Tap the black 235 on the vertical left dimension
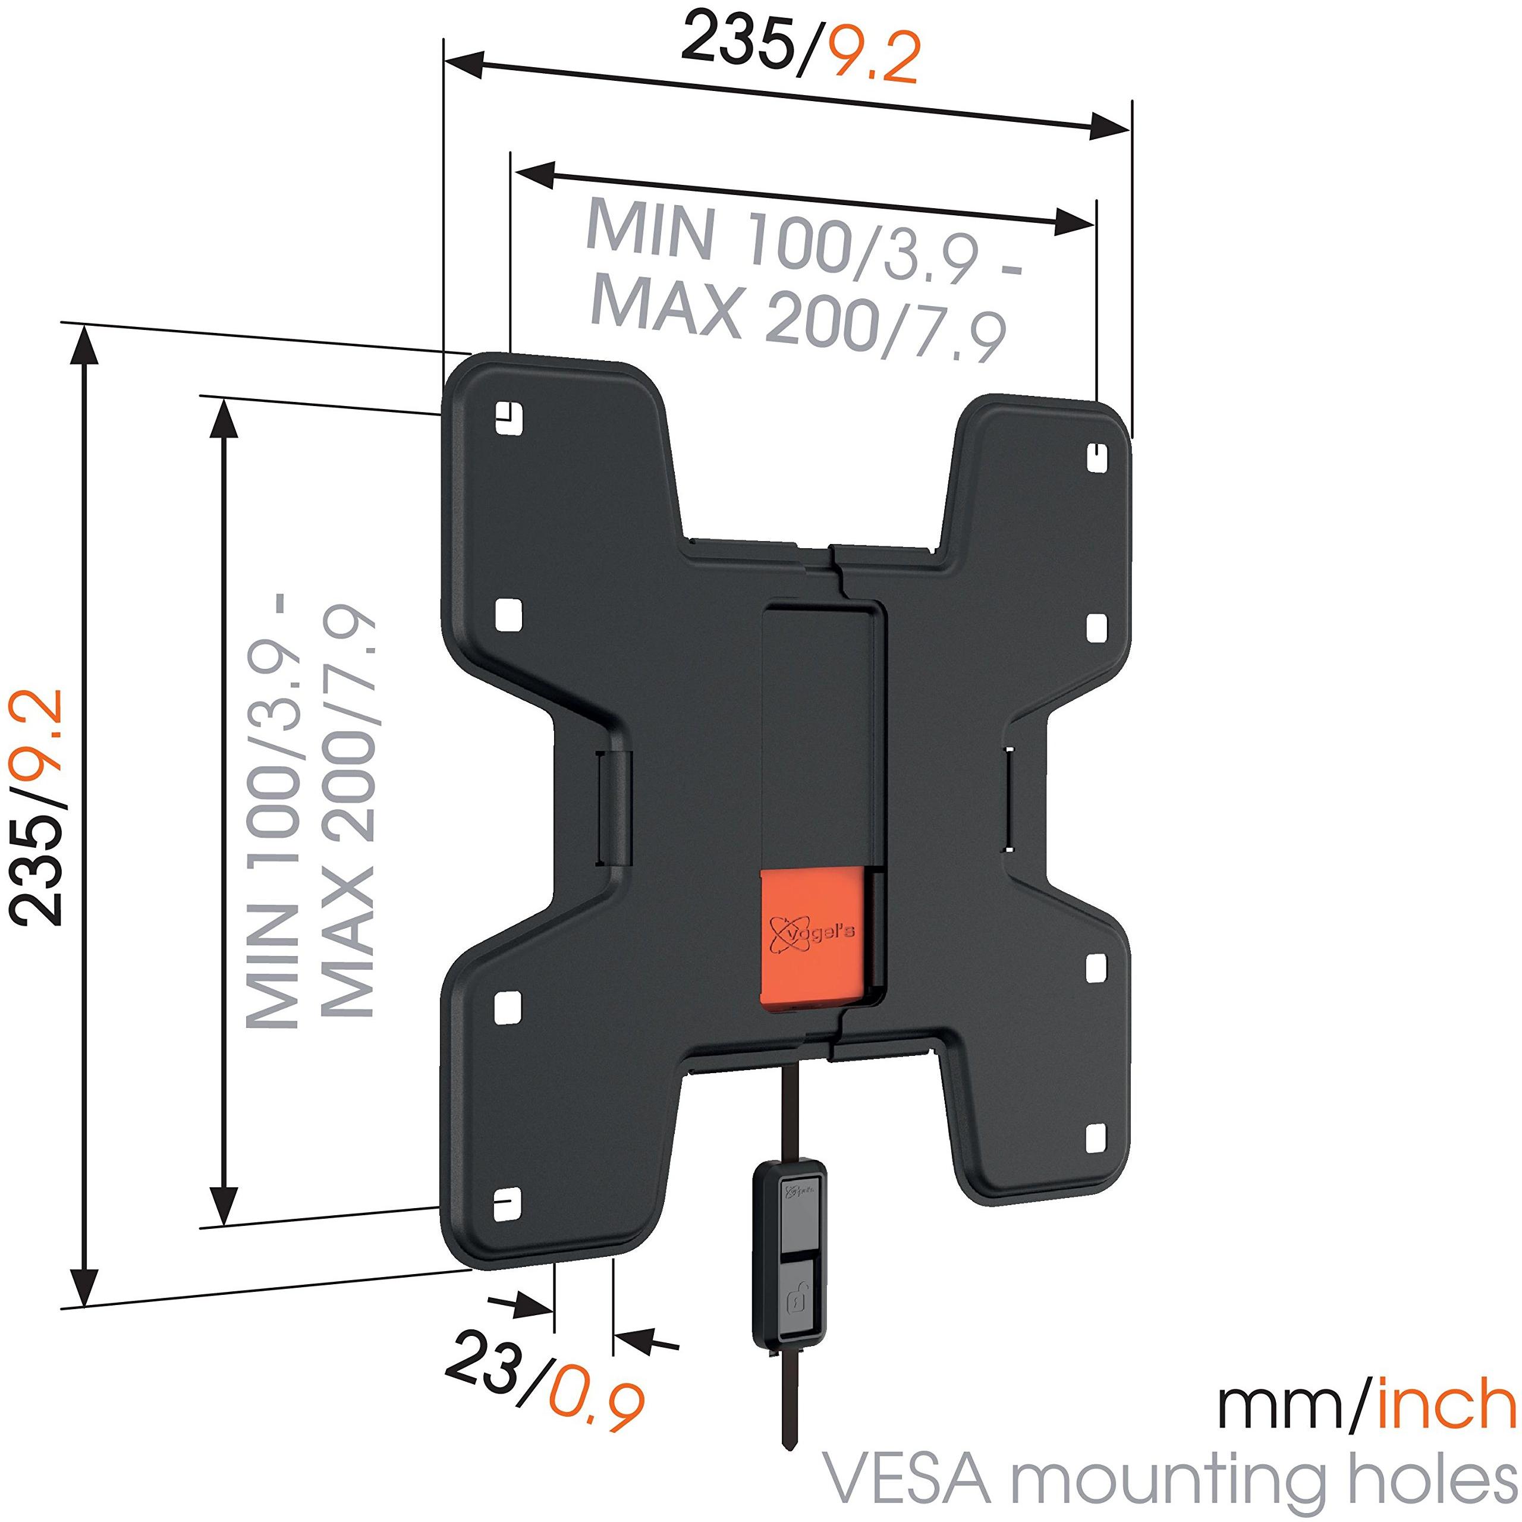coord(36,856)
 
